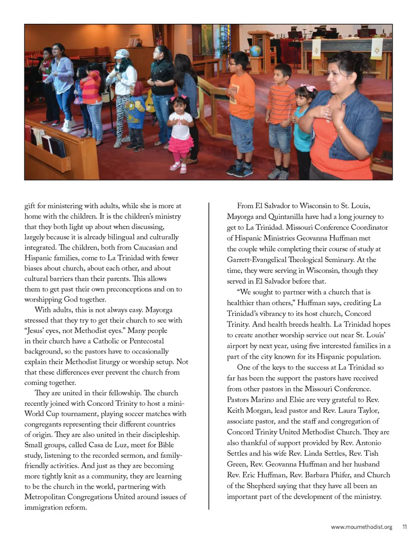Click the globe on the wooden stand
(x=255, y=51)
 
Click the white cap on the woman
(x=122, y=54)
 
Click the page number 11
(x=404, y=527)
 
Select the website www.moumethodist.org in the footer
(x=361, y=527)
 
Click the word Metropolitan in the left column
(x=47, y=497)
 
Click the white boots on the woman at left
(x=67, y=125)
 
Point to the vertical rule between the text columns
(x=209, y=356)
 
